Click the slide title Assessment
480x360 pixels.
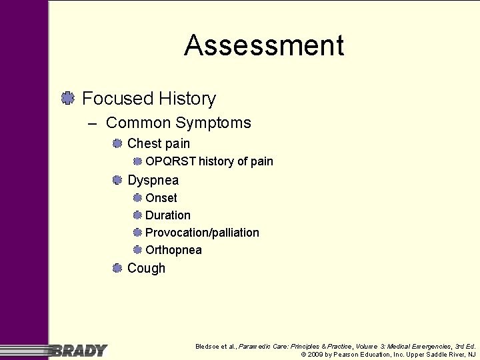(x=264, y=46)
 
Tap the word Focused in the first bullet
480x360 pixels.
(x=117, y=99)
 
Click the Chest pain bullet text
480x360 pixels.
(x=158, y=143)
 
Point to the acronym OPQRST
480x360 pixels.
(x=171, y=161)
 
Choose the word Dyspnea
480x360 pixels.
(x=153, y=180)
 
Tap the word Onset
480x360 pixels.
(x=161, y=198)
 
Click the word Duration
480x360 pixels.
(x=167, y=215)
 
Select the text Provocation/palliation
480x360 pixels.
(x=202, y=233)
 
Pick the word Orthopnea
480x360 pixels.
(x=173, y=250)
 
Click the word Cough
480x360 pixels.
(x=146, y=268)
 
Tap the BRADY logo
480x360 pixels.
(x=79, y=350)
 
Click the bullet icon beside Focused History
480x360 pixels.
(x=67, y=99)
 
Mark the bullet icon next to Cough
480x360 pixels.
(x=117, y=268)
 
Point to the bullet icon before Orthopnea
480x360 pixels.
(x=137, y=250)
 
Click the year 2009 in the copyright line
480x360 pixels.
(x=315, y=355)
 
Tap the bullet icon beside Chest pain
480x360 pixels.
(x=117, y=143)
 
